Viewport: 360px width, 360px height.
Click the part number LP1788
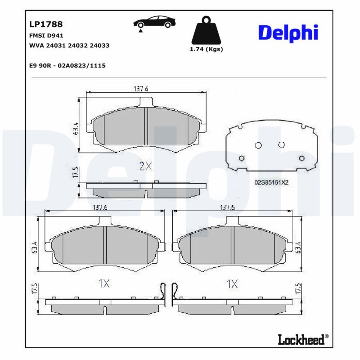(x=46, y=24)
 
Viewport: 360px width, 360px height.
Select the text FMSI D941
(x=46, y=36)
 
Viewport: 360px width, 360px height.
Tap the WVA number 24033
(x=99, y=45)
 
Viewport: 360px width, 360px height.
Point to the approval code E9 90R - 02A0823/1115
(x=67, y=66)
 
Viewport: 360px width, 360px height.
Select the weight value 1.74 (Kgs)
(x=206, y=49)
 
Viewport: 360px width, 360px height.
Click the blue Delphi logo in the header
(x=288, y=33)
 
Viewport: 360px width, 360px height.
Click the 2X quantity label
(x=145, y=166)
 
